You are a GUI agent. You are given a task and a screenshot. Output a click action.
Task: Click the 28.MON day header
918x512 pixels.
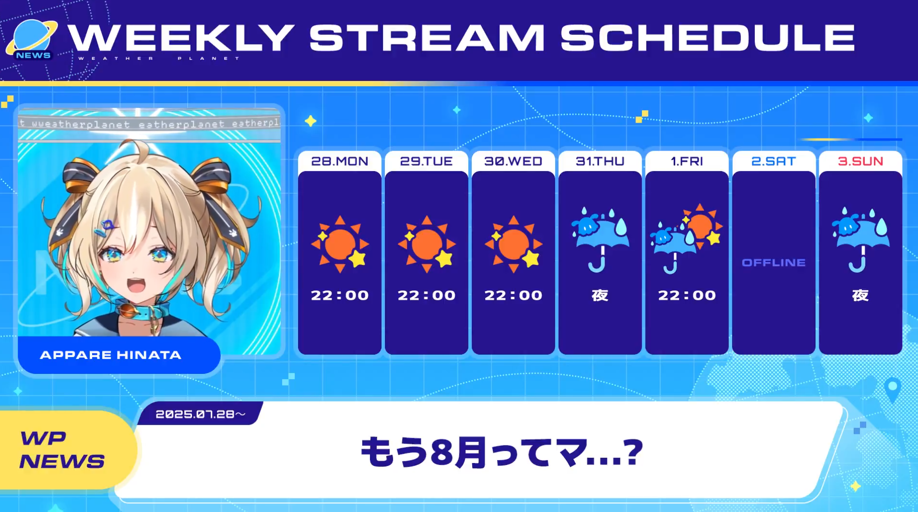pos(340,161)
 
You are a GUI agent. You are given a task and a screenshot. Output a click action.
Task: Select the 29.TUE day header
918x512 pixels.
pos(427,161)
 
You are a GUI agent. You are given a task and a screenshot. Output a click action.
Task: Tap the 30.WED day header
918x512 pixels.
pos(513,161)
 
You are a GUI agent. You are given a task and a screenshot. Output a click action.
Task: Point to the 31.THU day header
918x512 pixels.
pos(600,161)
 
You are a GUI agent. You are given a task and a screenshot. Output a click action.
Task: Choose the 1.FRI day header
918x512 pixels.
pos(687,161)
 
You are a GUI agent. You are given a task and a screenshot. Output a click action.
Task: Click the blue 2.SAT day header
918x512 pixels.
pos(774,161)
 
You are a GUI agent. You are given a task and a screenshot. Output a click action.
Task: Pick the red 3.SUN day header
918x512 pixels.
pos(860,161)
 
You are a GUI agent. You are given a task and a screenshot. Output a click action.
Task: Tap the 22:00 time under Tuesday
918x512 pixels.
pos(427,295)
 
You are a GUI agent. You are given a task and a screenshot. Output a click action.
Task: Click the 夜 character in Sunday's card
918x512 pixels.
pos(860,295)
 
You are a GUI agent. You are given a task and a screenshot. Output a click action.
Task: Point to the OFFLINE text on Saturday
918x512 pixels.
pos(774,263)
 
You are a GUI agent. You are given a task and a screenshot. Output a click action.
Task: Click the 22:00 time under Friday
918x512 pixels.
pos(687,295)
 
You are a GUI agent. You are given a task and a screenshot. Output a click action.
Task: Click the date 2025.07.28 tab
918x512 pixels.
pos(201,414)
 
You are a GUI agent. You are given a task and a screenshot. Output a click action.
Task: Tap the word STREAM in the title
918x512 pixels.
pos(427,37)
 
